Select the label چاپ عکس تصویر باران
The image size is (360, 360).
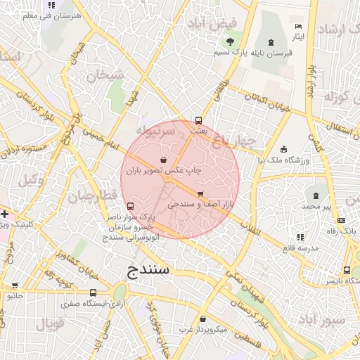click(x=163, y=171)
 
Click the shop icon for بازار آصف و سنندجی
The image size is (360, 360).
click(x=201, y=193)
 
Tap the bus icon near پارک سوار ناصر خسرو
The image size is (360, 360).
click(x=130, y=206)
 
